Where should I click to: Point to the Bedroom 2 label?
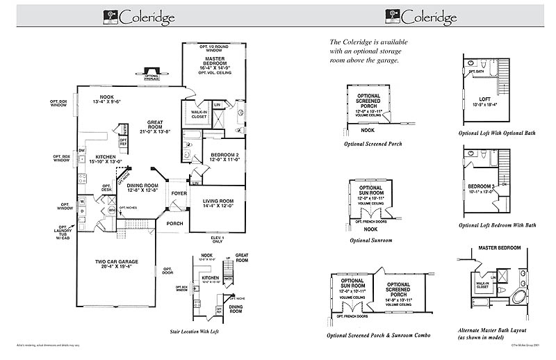(x=224, y=156)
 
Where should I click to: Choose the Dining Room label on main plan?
(x=142, y=188)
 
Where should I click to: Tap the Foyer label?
(x=179, y=194)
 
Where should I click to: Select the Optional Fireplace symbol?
(x=152, y=72)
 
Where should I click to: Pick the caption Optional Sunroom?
(x=371, y=240)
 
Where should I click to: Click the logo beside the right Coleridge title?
(x=390, y=15)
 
